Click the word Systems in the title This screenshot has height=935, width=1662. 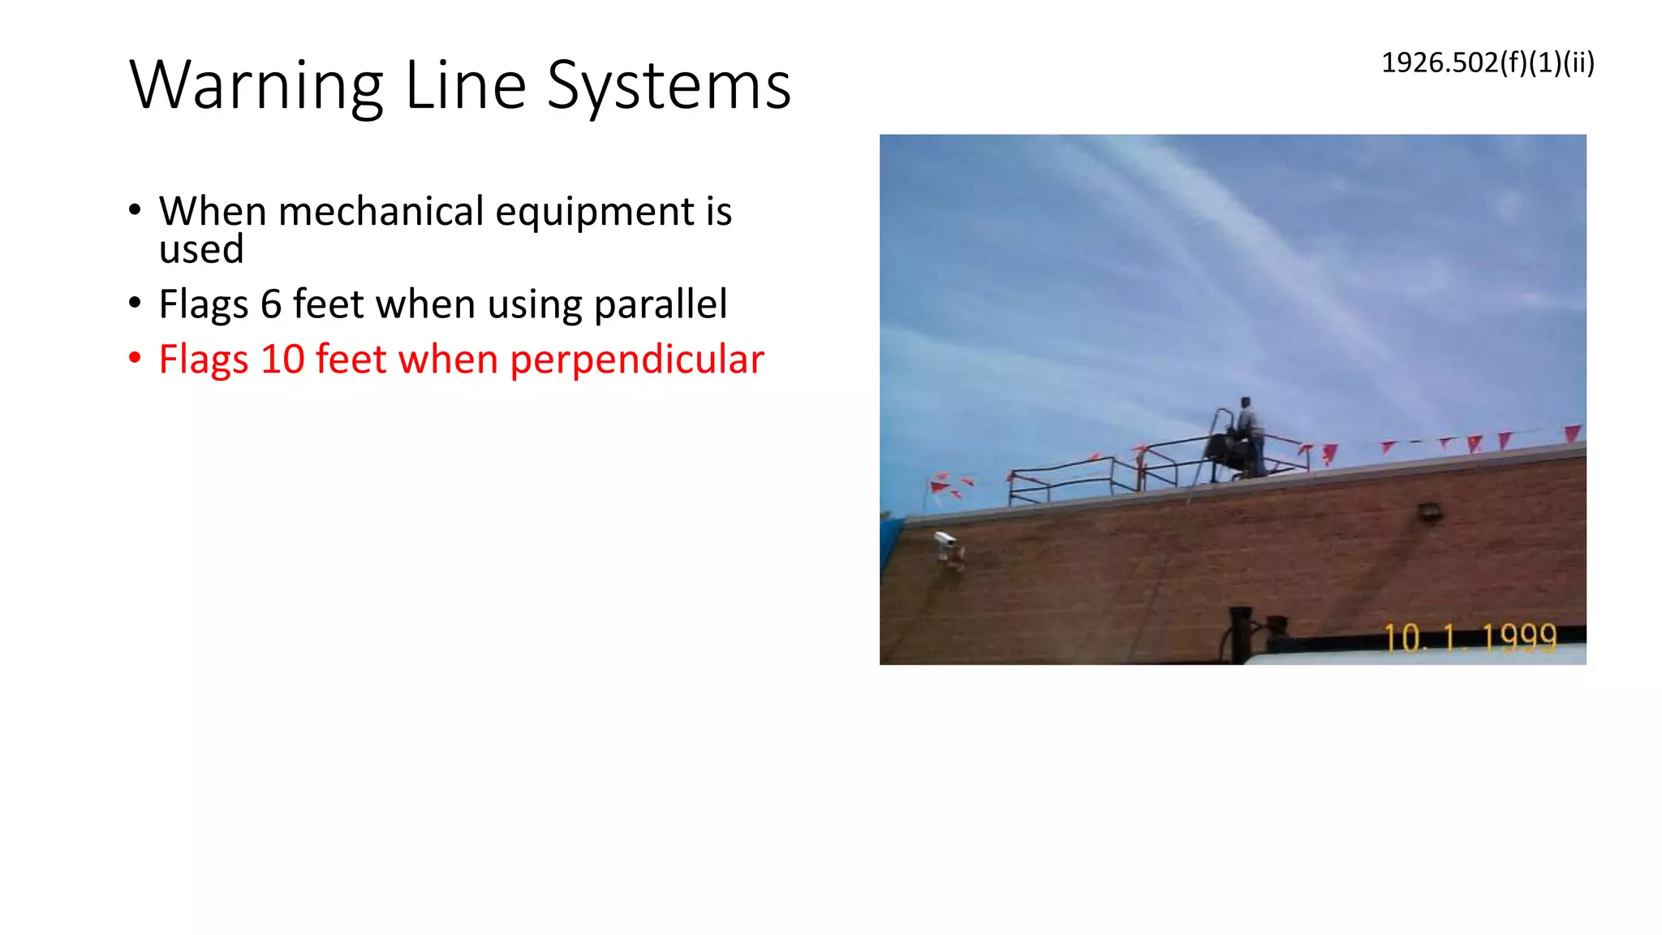(x=669, y=86)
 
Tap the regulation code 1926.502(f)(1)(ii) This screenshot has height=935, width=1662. (x=1488, y=62)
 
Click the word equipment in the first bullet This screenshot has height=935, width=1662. (x=595, y=212)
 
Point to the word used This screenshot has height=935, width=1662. (x=201, y=250)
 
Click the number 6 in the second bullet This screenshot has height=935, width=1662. (x=271, y=304)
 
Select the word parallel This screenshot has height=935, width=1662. (x=660, y=304)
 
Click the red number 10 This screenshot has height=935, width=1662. (x=282, y=360)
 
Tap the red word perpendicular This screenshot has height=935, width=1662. (x=636, y=360)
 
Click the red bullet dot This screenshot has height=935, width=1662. (x=135, y=358)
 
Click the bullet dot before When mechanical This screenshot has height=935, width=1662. (x=135, y=210)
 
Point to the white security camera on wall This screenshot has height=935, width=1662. (x=946, y=545)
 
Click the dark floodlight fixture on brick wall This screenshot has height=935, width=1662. (x=1429, y=511)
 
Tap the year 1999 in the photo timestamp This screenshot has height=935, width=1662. (x=1519, y=638)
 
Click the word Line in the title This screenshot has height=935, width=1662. (x=465, y=86)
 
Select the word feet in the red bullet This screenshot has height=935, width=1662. (x=351, y=360)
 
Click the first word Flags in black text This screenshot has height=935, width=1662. (x=203, y=304)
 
